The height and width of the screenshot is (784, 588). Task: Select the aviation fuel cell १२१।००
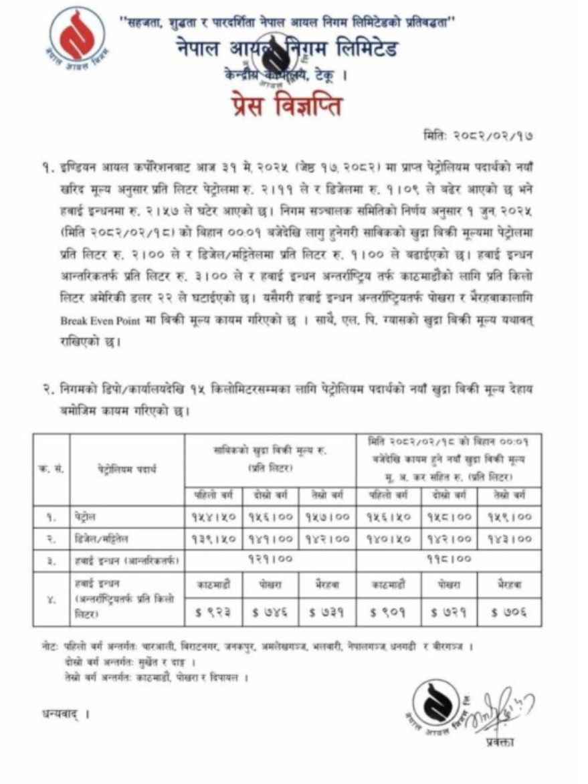click(270, 559)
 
